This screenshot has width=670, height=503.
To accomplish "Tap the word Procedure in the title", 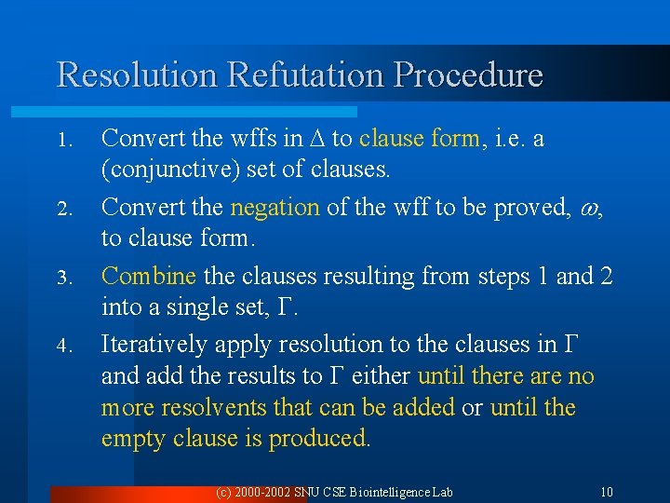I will coord(470,75).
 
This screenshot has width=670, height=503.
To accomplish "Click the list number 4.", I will coord(63,347).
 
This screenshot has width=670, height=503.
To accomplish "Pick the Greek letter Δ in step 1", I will coord(317,139).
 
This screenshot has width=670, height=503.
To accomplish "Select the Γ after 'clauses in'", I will coord(570,345).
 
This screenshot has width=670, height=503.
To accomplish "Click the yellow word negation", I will coord(275,207).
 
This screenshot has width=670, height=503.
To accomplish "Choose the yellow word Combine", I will coord(148,276).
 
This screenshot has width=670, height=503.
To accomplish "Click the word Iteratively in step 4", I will coord(154,345).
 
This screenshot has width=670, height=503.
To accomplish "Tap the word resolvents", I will coord(216,408).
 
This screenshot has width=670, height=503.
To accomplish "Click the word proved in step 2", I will coord(536,207).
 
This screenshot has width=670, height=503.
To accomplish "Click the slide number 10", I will coord(606,491).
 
